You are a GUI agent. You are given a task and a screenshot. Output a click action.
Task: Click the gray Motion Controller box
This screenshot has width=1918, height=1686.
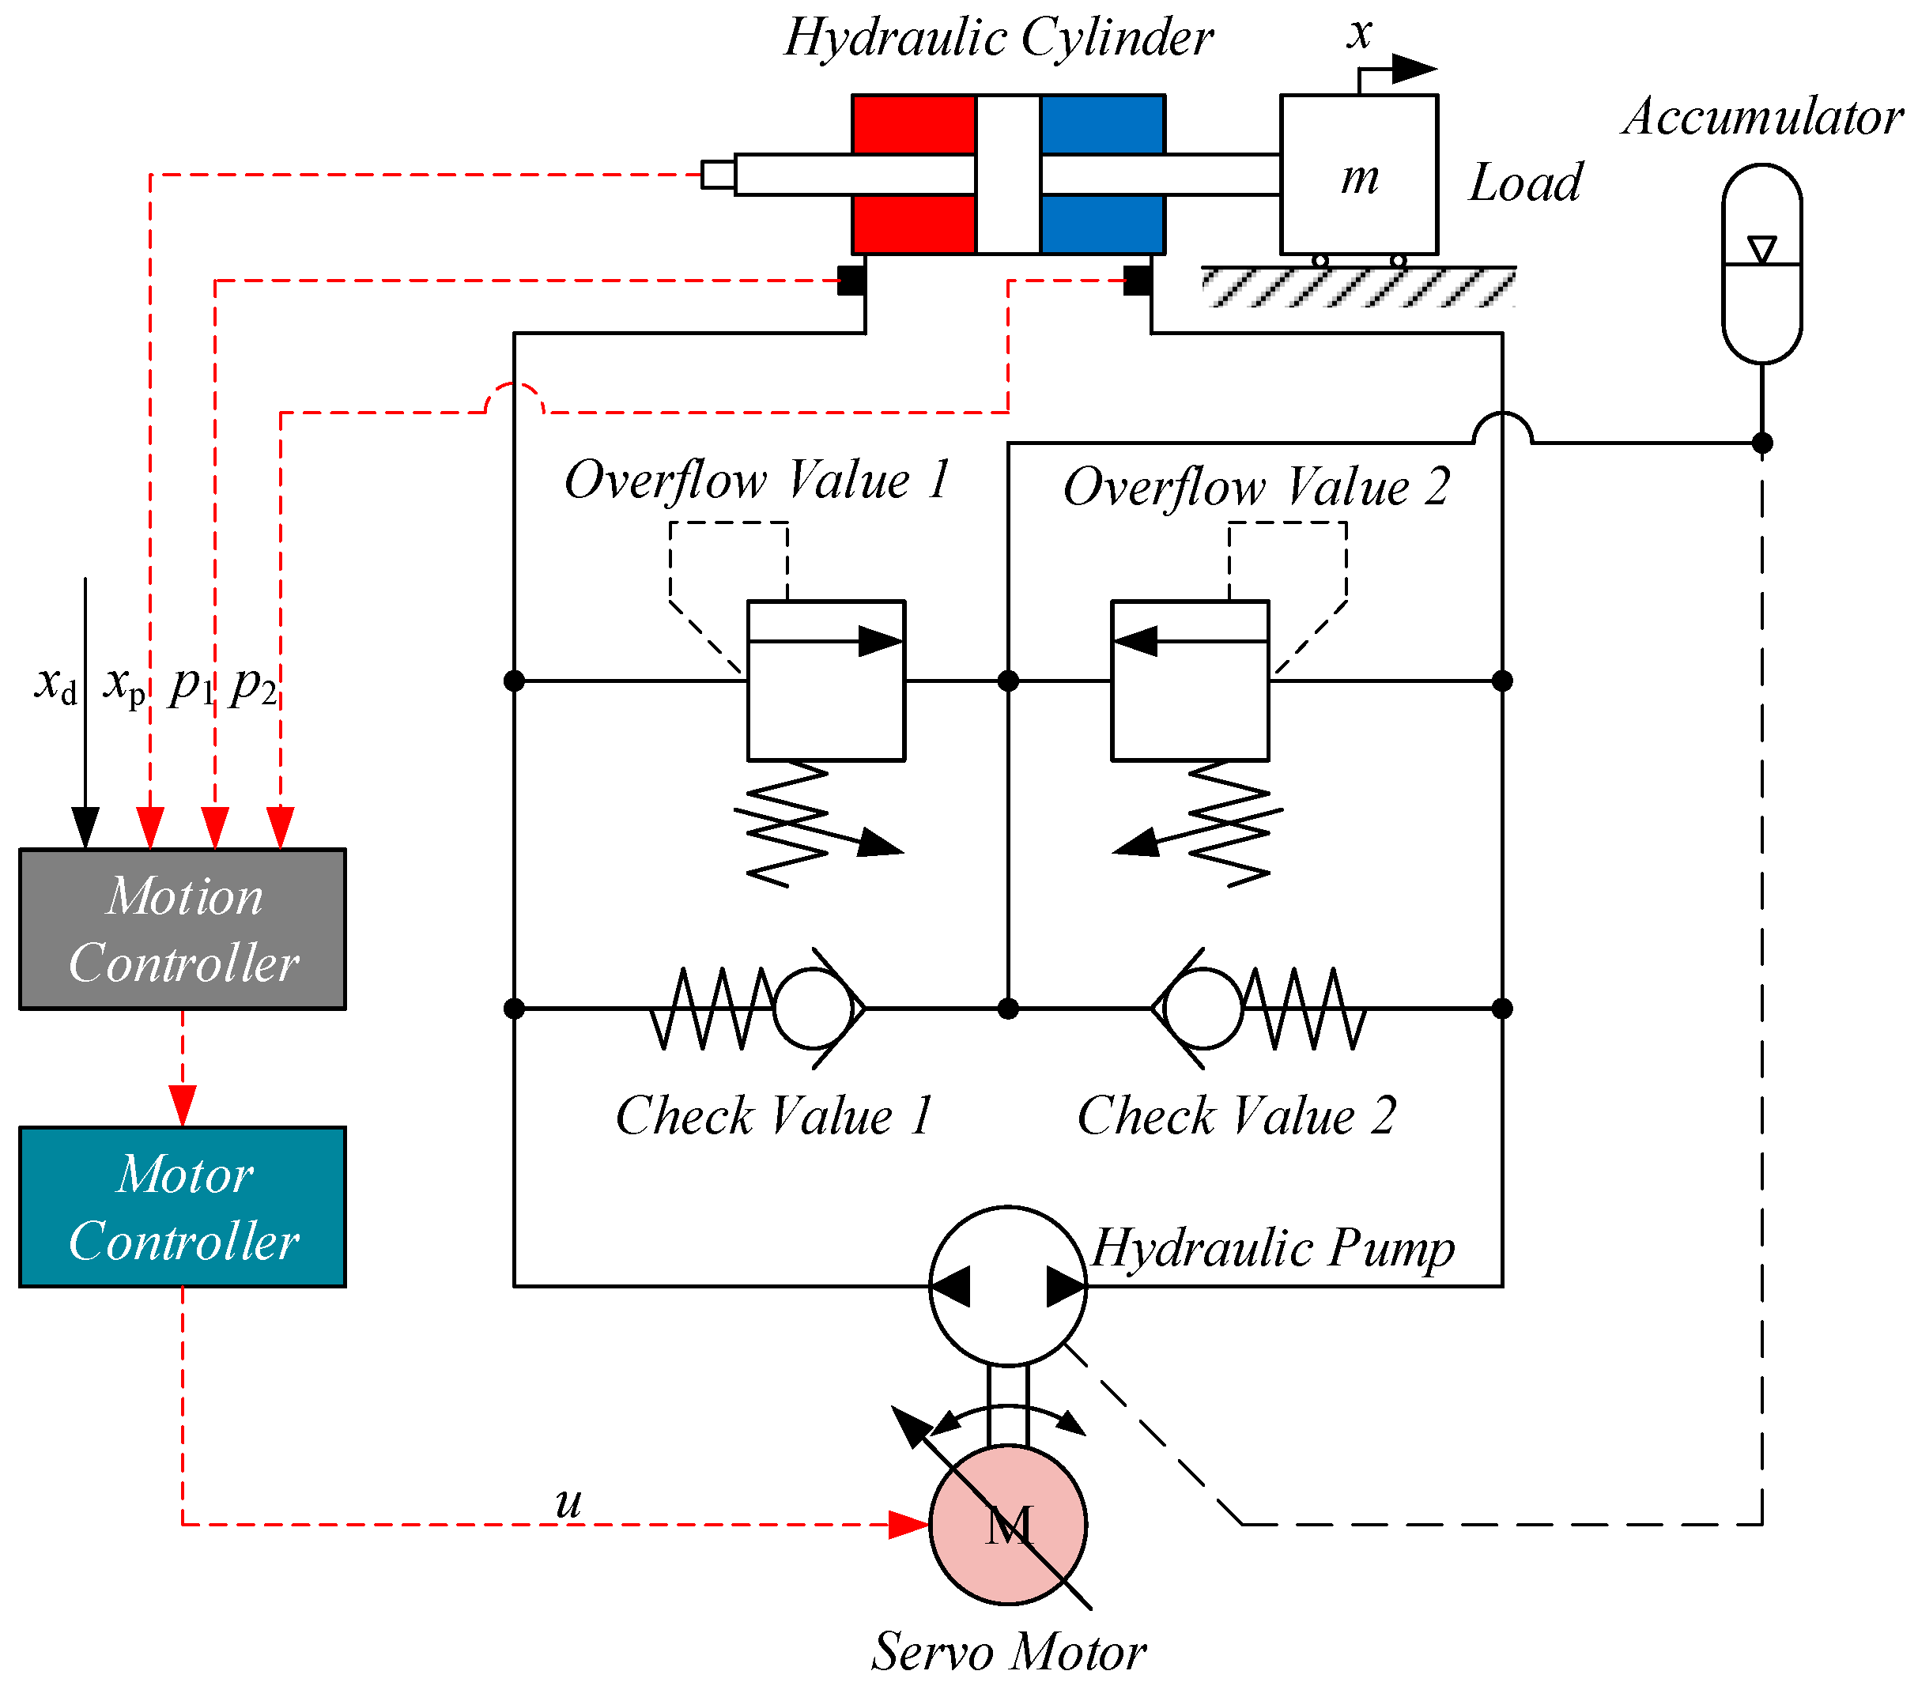(183, 929)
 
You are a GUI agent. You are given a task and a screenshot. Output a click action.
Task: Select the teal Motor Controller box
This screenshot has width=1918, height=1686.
(183, 1206)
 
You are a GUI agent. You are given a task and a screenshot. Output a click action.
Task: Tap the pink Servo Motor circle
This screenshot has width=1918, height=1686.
(1008, 1525)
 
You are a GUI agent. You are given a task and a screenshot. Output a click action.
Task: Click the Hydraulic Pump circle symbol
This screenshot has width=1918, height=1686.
(1008, 1285)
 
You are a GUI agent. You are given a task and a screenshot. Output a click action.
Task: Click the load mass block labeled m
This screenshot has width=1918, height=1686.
(1359, 175)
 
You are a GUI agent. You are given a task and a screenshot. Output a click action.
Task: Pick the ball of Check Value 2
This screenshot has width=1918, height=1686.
(1203, 1009)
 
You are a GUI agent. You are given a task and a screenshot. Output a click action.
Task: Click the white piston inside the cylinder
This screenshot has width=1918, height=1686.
(1008, 175)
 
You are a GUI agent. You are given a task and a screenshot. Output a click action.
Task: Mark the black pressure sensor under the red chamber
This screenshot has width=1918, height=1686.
(851, 281)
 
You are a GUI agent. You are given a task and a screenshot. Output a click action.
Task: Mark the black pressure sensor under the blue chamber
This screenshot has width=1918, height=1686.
(1138, 281)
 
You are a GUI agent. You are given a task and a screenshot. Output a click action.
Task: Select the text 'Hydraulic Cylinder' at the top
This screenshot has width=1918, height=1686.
(999, 37)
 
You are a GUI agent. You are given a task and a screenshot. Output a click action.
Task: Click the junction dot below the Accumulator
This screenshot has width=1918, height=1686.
(1762, 443)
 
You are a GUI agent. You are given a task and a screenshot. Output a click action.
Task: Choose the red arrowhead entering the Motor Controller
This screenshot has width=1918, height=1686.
(183, 1106)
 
